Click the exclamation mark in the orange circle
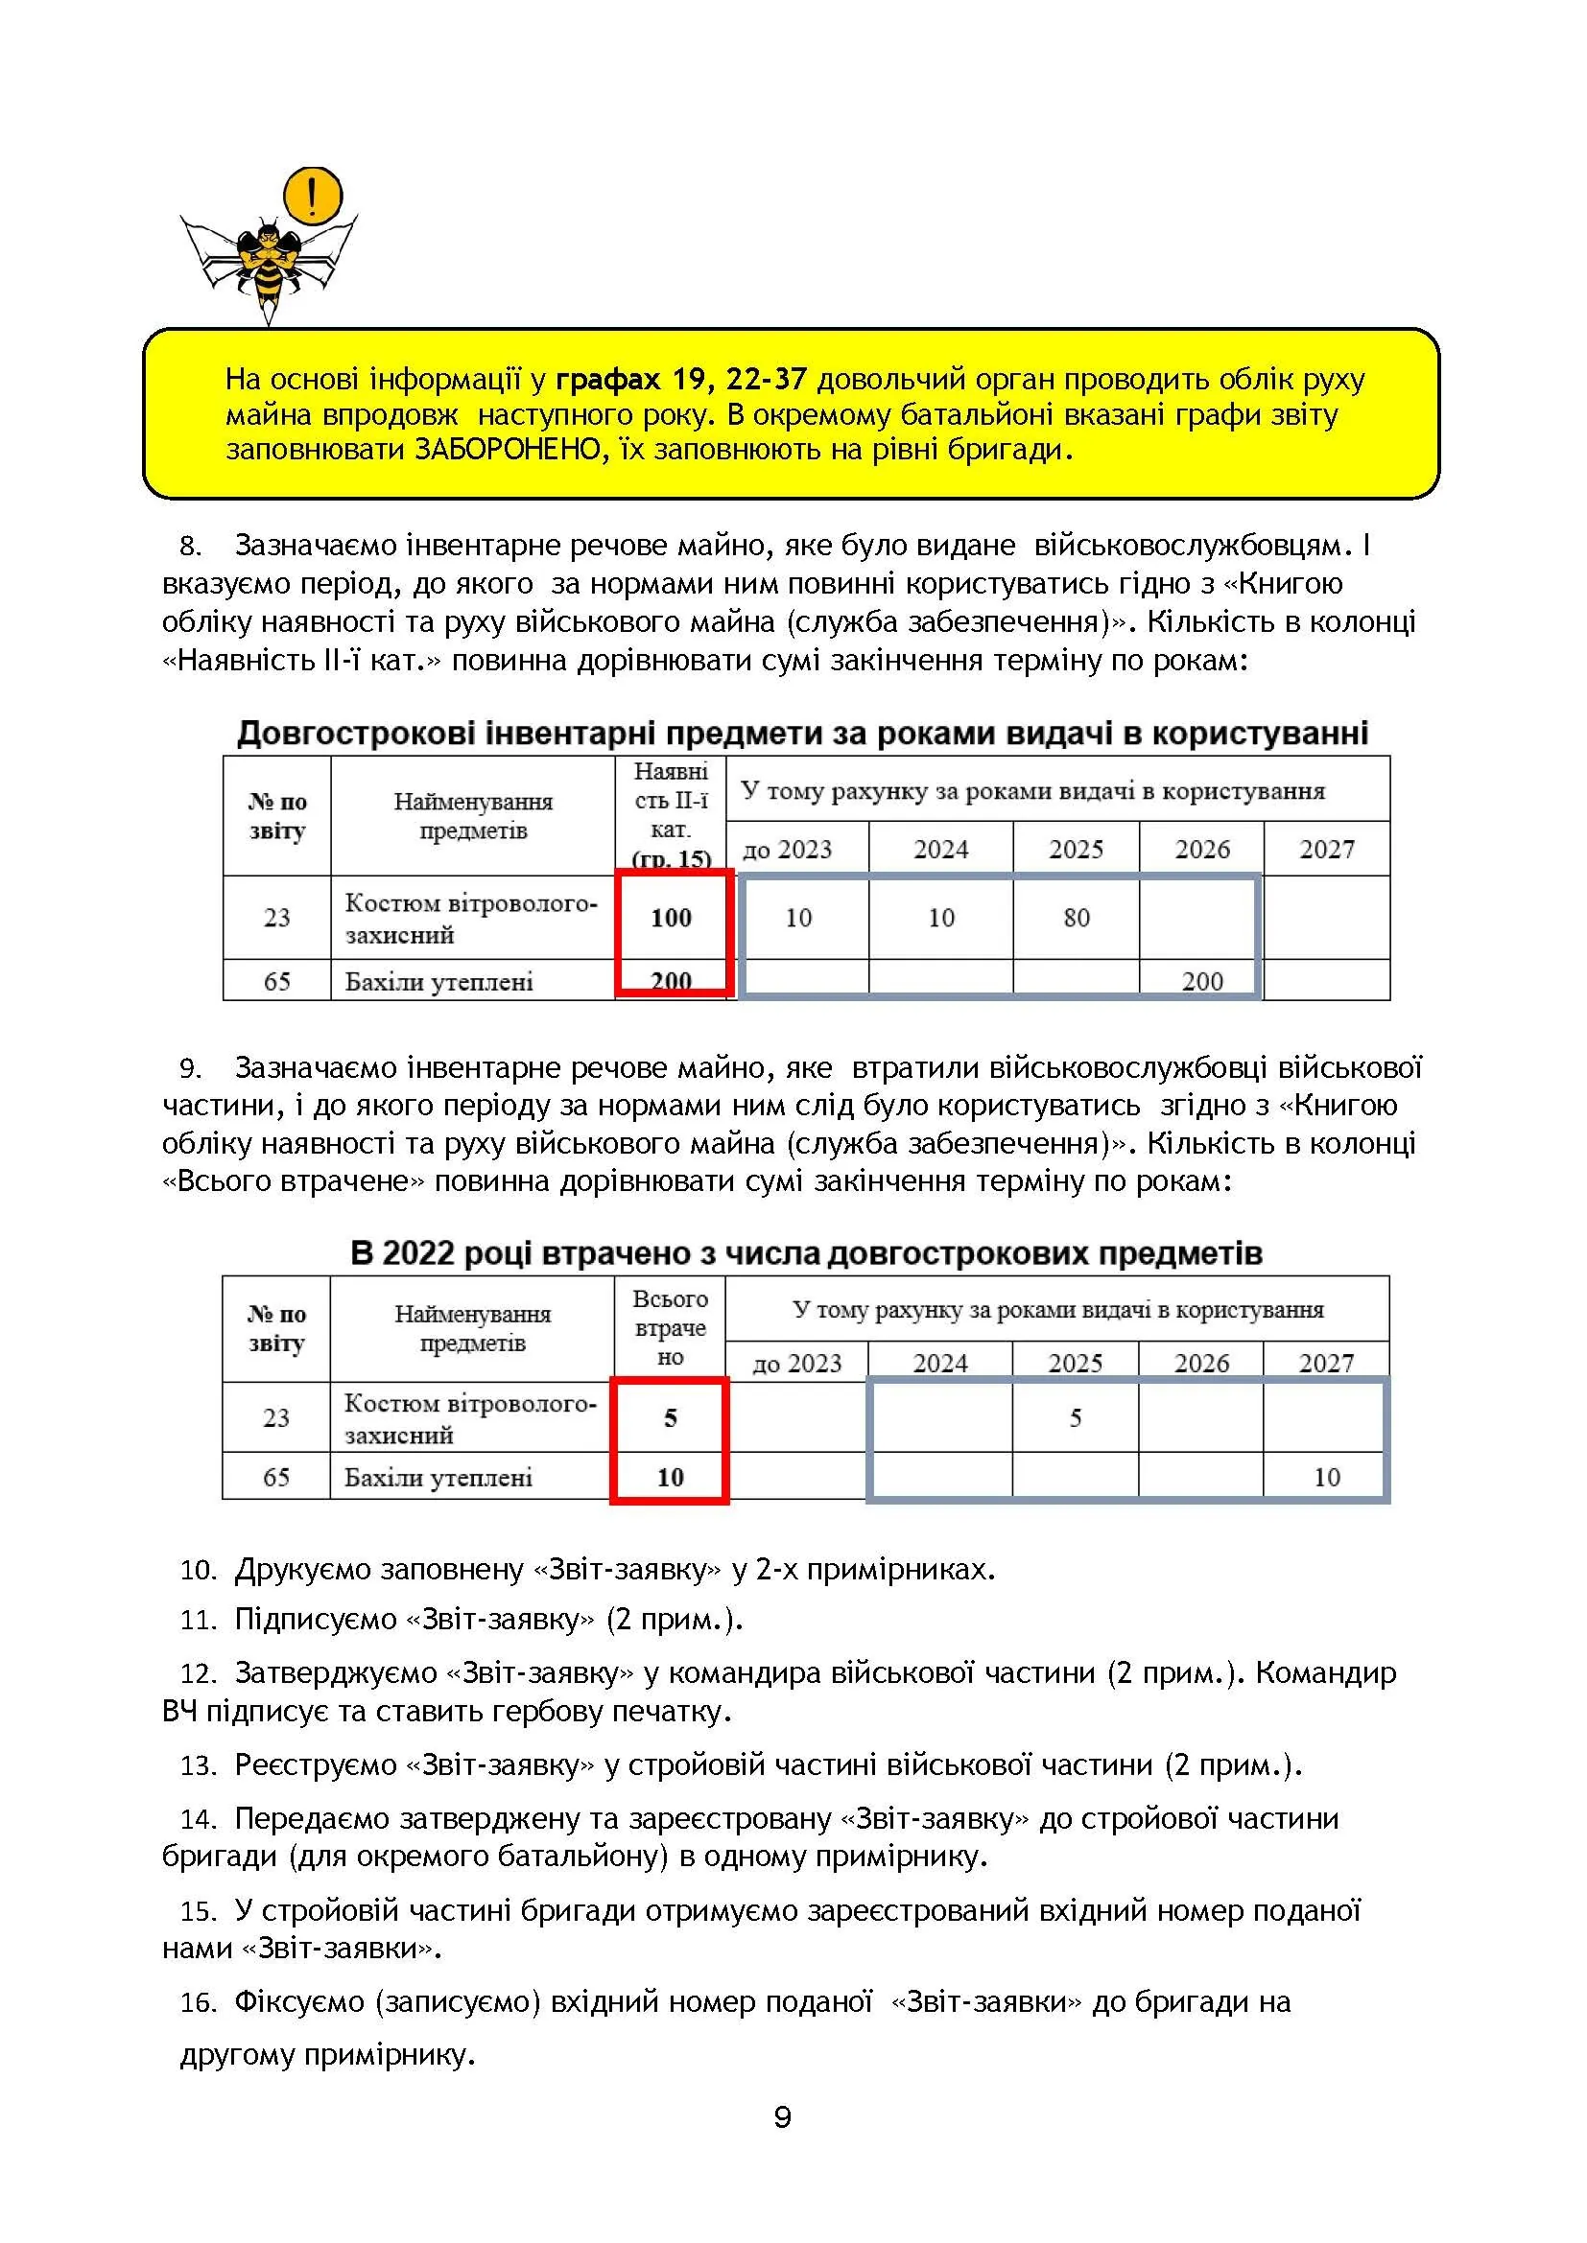(x=312, y=196)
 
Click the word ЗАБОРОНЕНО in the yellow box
(x=508, y=451)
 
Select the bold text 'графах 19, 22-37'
(x=681, y=379)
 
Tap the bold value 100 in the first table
(x=672, y=918)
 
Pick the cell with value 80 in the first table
(x=1076, y=918)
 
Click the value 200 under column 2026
(x=1202, y=981)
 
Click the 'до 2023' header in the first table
(x=788, y=849)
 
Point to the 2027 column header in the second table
(x=1326, y=1363)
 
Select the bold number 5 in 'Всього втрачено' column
(x=671, y=1417)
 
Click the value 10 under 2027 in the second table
(x=1326, y=1477)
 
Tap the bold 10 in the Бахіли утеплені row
(x=671, y=1477)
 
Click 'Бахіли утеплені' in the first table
(x=438, y=981)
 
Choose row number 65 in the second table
(x=276, y=1477)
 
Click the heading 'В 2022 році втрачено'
(x=805, y=1253)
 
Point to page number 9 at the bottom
(x=782, y=2118)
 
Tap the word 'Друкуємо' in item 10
(x=303, y=1570)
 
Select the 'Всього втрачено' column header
(x=671, y=1327)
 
